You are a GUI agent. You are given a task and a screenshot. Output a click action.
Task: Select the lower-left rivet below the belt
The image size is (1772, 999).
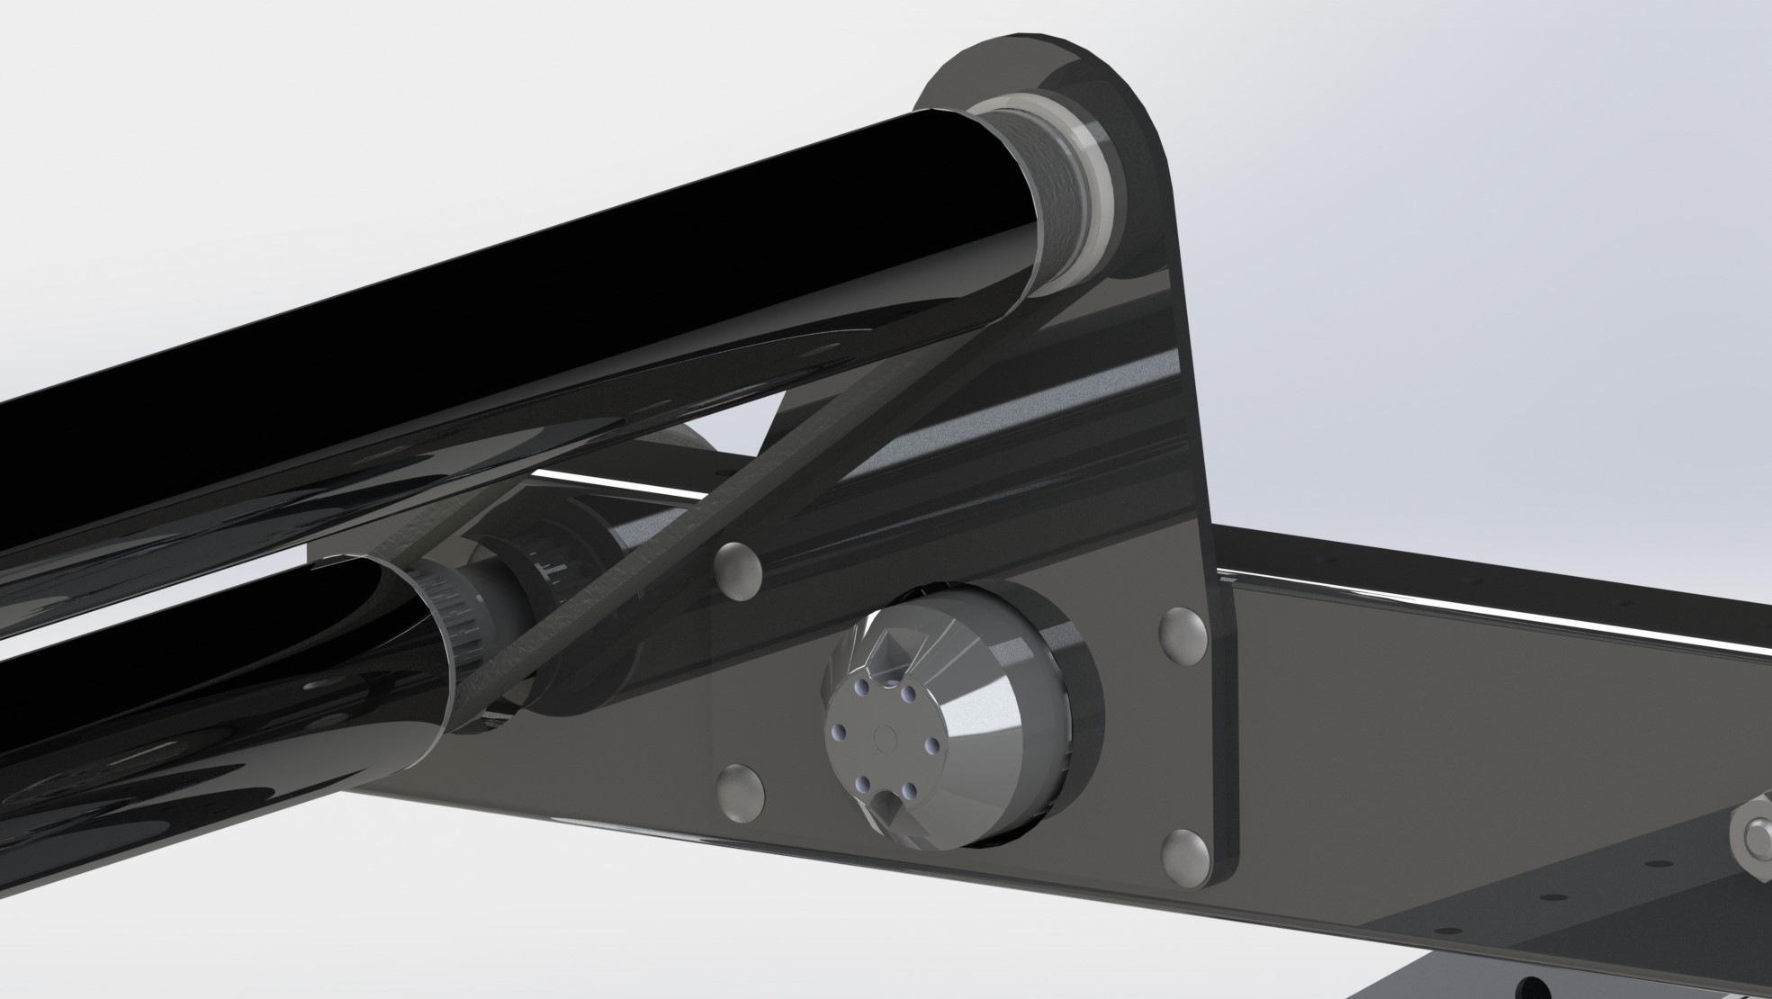click(x=741, y=791)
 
